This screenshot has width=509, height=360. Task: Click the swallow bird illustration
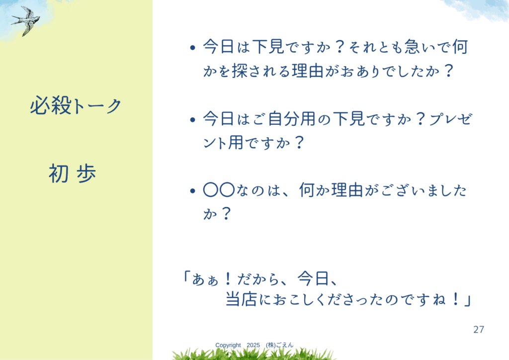point(26,20)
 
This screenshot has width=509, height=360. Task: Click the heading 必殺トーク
point(76,105)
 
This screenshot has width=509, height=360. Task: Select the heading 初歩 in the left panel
point(73,173)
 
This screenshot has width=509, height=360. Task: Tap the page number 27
point(479,330)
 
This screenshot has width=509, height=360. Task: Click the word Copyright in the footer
point(228,345)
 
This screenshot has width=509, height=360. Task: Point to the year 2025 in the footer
point(253,345)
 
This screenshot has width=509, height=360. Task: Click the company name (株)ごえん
point(279,345)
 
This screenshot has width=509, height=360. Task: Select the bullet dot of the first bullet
point(193,48)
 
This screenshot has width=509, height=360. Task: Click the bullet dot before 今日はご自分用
point(193,120)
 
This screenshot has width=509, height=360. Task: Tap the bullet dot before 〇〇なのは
point(193,191)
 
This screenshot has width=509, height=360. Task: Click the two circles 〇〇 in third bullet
point(219,190)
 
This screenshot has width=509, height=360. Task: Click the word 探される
point(261,71)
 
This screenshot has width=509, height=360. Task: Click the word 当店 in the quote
point(241,299)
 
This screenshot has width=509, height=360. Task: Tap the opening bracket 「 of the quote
point(186,277)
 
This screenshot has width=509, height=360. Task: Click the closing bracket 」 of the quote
point(467,301)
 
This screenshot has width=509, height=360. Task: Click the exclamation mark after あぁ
point(228,279)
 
